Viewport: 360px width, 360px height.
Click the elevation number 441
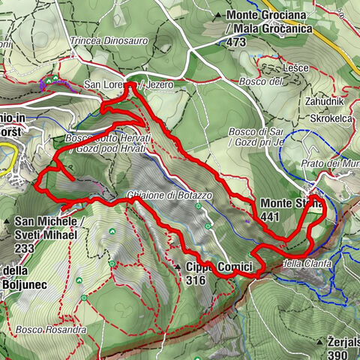point(271,217)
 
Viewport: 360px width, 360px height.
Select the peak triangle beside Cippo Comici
point(176,267)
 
